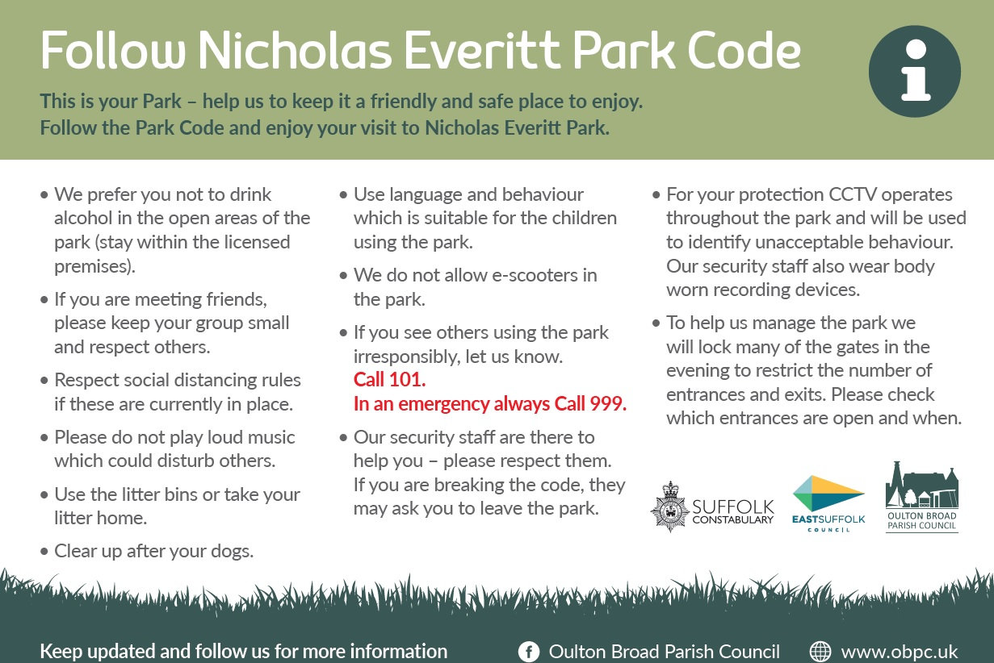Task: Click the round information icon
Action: point(914,71)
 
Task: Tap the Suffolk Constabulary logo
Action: point(711,507)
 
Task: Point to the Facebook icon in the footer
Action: point(529,652)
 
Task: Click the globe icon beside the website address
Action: point(820,652)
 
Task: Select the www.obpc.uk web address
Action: point(899,652)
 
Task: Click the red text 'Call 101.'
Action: point(389,380)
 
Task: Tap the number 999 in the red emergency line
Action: point(607,404)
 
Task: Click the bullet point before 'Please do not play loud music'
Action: point(44,438)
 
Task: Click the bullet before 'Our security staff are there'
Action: point(344,438)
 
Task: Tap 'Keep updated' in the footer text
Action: point(89,651)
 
